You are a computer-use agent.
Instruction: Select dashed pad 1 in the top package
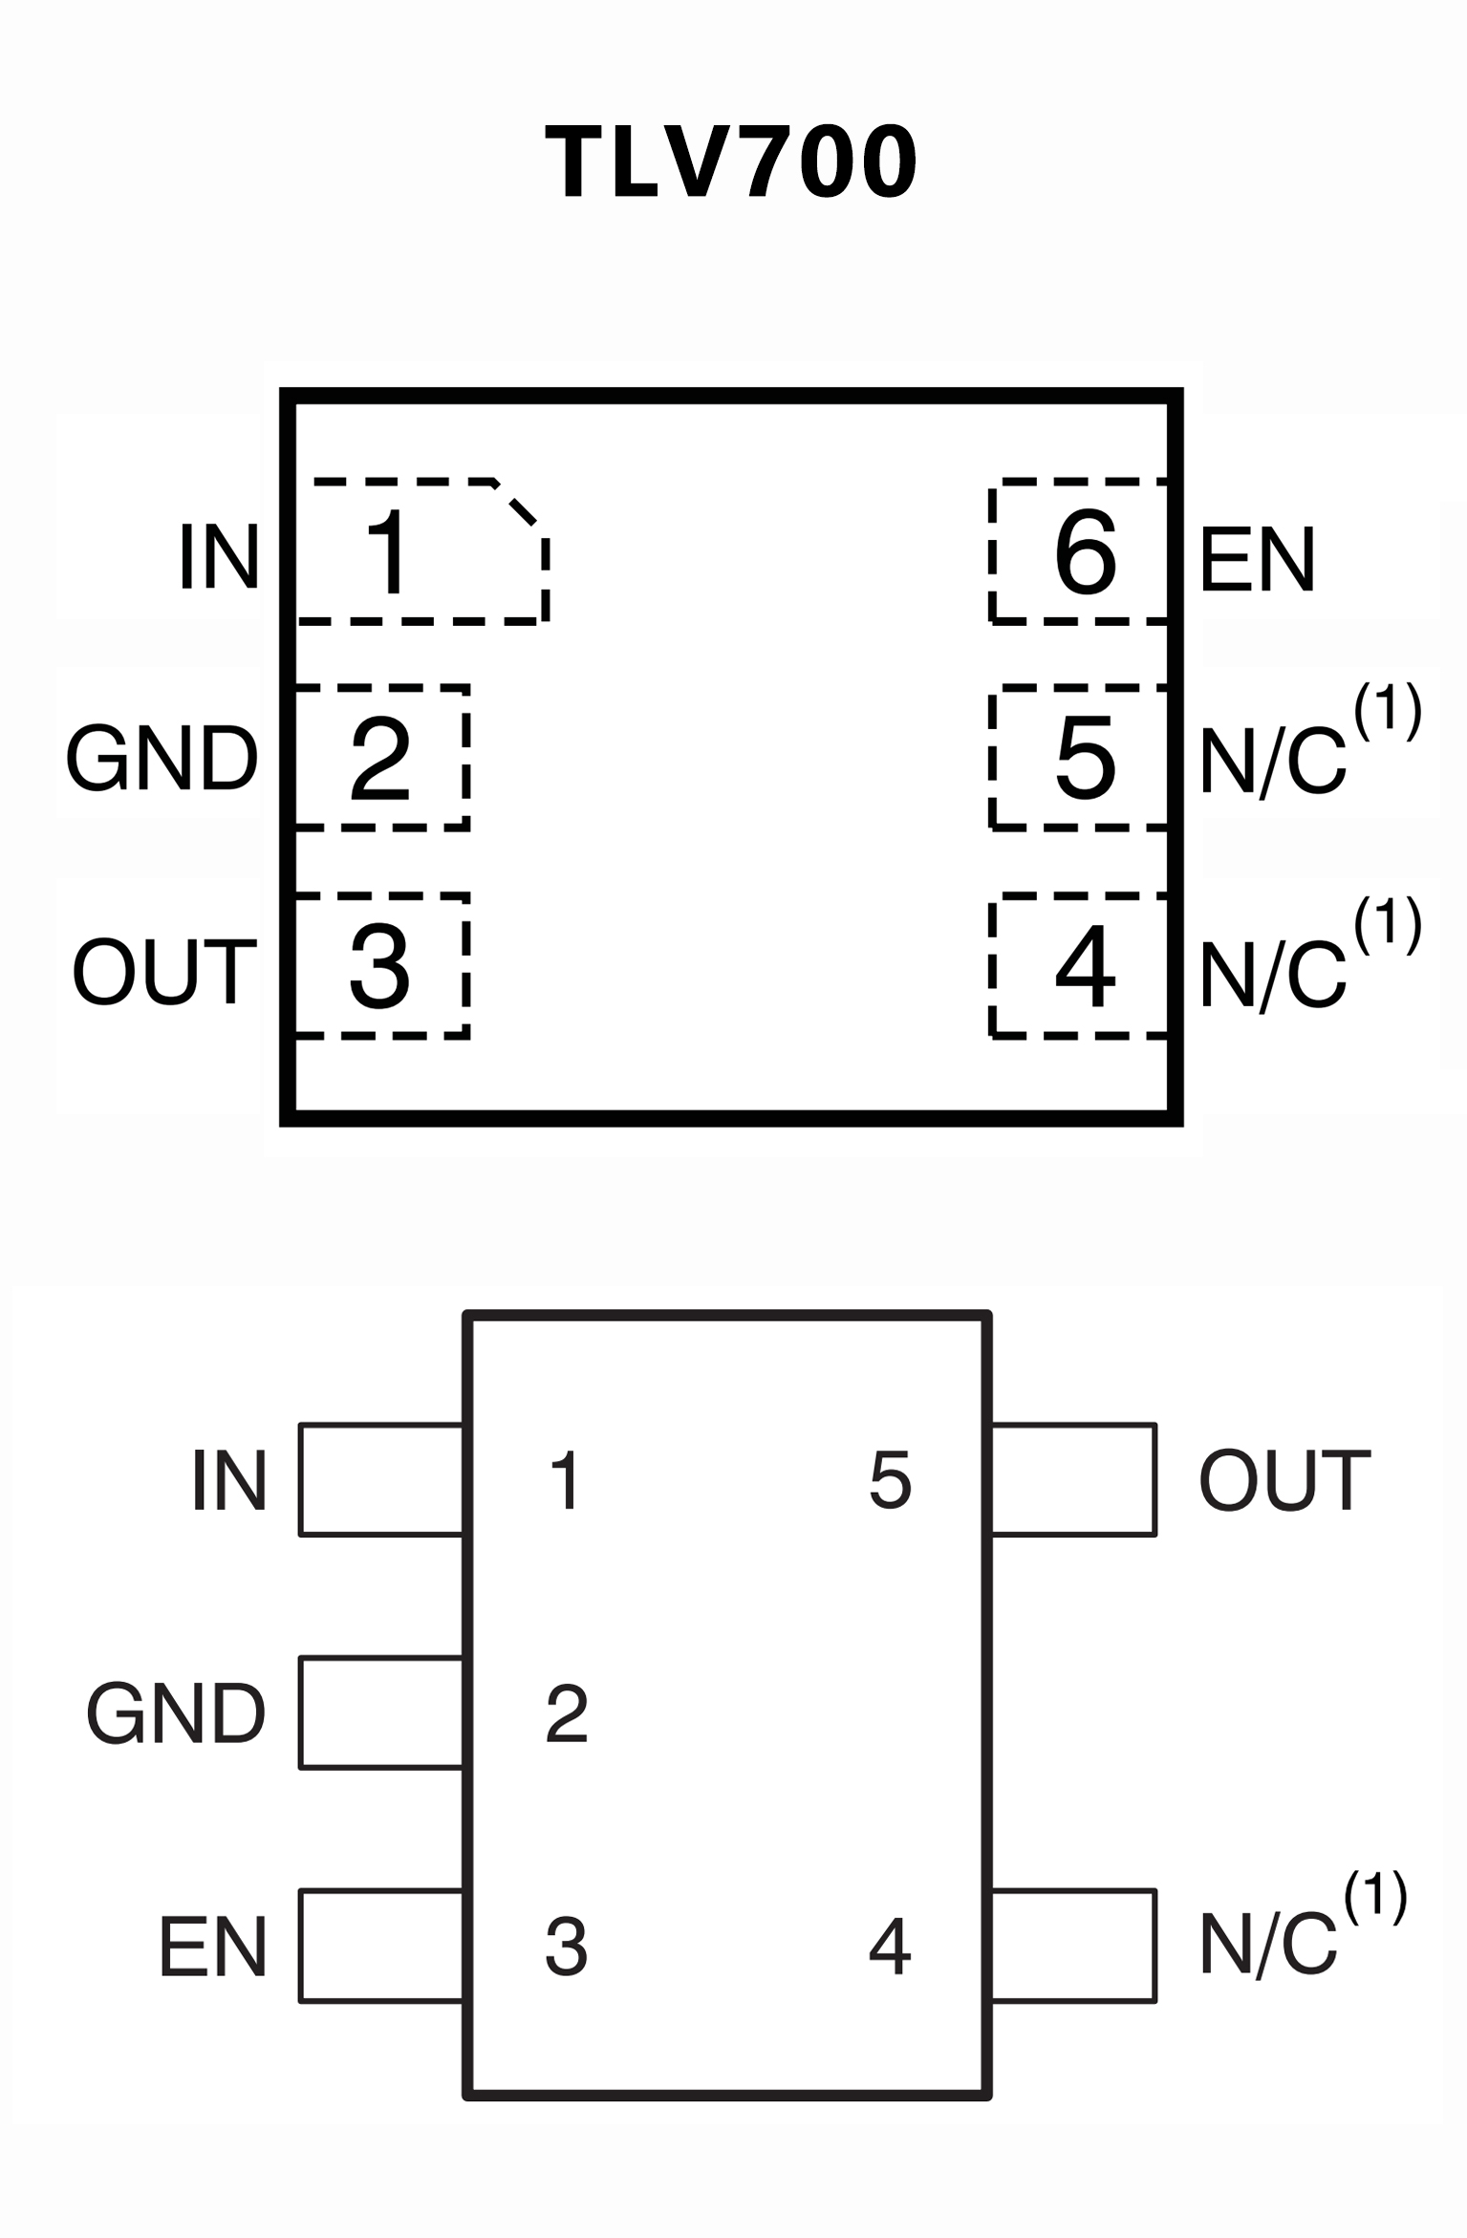coord(421,552)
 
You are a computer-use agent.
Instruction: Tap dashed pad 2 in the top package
coord(381,758)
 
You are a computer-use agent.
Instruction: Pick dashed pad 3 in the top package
coord(381,966)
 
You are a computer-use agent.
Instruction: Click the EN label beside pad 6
coord(1257,559)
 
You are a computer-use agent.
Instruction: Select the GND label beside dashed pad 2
coord(162,759)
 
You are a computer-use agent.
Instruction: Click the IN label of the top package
coord(219,557)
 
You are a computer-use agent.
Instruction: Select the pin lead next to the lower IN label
coord(381,1480)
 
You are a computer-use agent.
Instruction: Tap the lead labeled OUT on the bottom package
coord(1073,1480)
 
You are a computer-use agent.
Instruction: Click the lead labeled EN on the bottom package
coord(381,1946)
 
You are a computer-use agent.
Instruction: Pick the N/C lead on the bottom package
coord(1073,1946)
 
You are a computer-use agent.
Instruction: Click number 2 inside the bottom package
coord(566,1714)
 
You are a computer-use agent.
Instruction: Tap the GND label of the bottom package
coord(176,1714)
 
